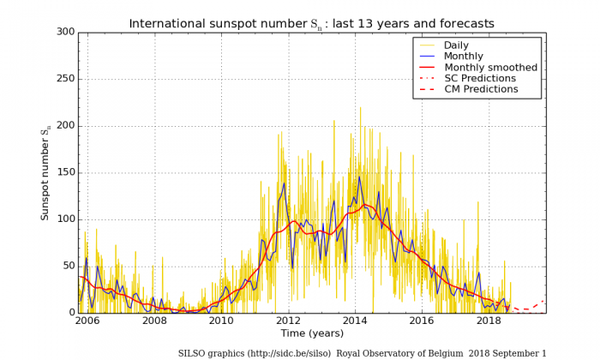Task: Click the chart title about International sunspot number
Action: click(311, 23)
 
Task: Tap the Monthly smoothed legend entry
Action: click(490, 67)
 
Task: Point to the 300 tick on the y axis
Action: click(65, 33)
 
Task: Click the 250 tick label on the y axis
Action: click(65, 79)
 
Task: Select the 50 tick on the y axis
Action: click(68, 266)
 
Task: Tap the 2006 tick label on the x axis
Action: click(87, 321)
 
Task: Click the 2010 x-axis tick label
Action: click(221, 321)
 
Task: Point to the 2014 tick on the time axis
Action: click(355, 321)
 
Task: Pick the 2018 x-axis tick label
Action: click(489, 321)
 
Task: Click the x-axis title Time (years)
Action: click(311, 333)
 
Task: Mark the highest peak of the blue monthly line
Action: click(360, 177)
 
